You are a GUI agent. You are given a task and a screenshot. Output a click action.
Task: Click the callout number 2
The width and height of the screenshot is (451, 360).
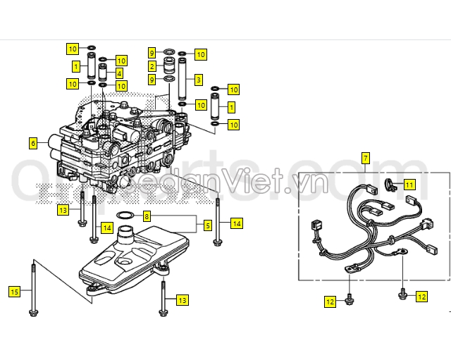click(152, 66)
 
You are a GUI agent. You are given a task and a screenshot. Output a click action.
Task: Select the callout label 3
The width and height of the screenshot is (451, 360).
click(199, 80)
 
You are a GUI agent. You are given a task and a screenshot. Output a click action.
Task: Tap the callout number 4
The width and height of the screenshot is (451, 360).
click(120, 73)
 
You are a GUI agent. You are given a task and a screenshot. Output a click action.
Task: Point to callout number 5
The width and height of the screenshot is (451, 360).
click(208, 225)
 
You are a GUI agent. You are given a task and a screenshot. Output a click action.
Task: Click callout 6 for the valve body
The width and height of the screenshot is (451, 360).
click(32, 143)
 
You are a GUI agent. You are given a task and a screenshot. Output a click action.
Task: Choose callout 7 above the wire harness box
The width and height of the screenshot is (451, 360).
click(365, 158)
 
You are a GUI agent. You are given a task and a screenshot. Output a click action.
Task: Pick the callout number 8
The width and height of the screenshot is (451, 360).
click(147, 216)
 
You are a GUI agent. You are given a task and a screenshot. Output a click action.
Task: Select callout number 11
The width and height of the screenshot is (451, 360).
click(409, 185)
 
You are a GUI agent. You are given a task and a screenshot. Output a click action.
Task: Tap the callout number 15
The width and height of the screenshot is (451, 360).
click(14, 291)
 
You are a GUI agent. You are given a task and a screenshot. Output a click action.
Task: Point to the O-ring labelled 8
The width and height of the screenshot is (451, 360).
click(124, 216)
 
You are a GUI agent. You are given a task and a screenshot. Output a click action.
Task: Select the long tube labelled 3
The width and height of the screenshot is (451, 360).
click(182, 80)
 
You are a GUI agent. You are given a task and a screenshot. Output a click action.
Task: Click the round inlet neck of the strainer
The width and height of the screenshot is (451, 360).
click(127, 234)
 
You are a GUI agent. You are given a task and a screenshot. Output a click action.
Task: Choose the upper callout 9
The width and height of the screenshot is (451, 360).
click(152, 53)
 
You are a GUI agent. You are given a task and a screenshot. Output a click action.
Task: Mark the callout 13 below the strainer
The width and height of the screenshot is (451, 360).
click(183, 301)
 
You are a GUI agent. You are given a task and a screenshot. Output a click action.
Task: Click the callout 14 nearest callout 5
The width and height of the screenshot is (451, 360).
click(236, 223)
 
